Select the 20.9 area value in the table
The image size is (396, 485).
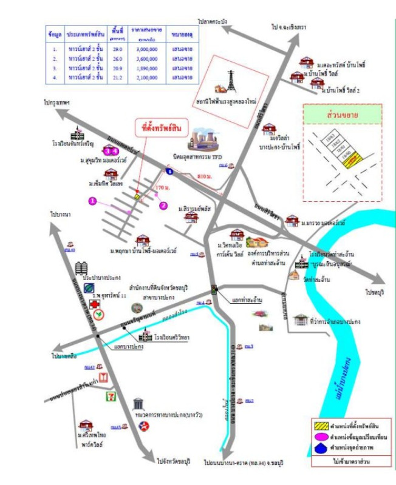click(117, 68)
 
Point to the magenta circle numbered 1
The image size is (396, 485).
click(92, 200)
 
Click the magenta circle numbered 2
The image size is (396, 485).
click(163, 206)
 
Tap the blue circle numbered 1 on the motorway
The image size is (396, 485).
click(170, 173)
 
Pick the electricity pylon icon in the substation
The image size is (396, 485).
click(231, 81)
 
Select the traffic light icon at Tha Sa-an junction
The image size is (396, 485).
click(214, 290)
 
